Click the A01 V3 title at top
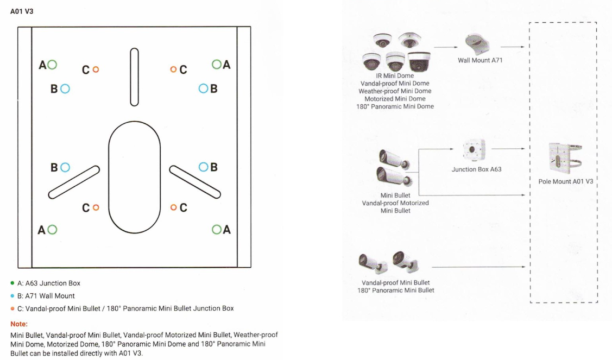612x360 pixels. coord(22,11)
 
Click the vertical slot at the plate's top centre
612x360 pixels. coord(134,77)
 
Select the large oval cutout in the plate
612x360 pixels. coord(134,176)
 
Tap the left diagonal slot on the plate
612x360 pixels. coord(74,182)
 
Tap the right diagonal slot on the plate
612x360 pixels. coord(194,182)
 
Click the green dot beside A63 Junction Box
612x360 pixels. coord(12,283)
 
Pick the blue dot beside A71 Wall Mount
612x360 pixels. coord(12,296)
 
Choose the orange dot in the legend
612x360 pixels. coord(12,308)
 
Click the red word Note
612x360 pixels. coord(19,324)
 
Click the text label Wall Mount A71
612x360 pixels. coord(480,60)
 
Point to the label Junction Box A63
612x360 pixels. coord(476,169)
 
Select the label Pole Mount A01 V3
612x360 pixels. coord(565,181)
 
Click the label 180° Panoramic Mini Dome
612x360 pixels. coord(395,106)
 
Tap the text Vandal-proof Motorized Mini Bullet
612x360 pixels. coord(395,206)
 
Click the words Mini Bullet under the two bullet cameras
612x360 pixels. coord(395,195)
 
